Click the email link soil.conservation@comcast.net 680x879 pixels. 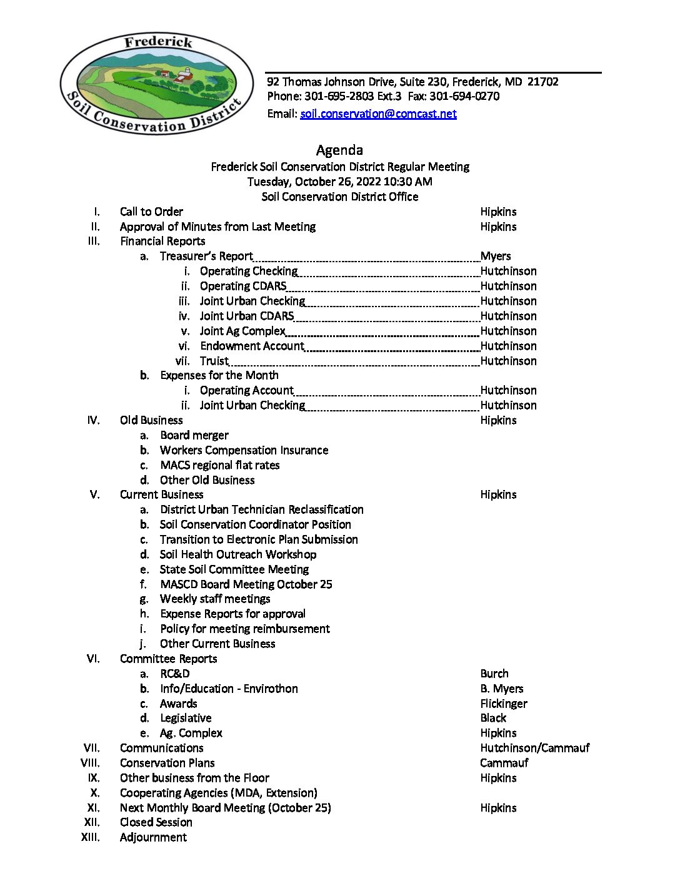click(378, 114)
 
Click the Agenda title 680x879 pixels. click(339, 150)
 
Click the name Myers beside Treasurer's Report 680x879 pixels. click(496, 256)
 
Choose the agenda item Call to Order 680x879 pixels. click(151, 212)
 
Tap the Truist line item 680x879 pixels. click(214, 361)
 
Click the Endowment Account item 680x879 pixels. click(252, 346)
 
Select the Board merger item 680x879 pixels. click(194, 435)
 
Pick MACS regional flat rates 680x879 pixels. click(220, 465)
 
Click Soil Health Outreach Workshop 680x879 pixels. click(238, 554)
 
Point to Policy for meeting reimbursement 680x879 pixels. click(245, 629)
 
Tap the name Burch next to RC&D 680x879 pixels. click(494, 674)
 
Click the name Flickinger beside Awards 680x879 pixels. click(504, 704)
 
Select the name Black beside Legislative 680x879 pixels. click(493, 718)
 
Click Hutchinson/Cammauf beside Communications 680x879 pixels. click(535, 748)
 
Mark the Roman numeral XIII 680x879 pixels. click(91, 837)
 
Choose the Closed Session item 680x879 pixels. click(156, 822)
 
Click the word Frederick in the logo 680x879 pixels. click(158, 42)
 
